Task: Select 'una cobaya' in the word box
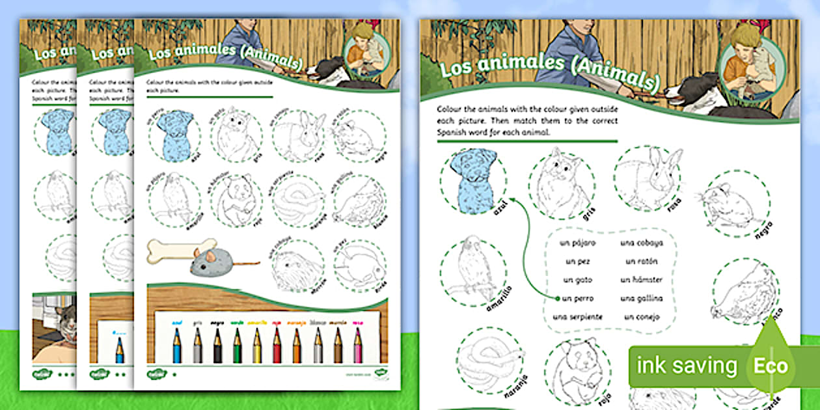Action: (x=642, y=243)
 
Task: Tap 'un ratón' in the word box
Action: (x=641, y=262)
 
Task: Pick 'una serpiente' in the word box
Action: (x=577, y=317)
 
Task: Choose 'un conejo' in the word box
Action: (x=641, y=317)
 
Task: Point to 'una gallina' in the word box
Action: (x=642, y=298)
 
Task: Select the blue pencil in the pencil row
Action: (x=176, y=345)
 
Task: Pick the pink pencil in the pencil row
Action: (x=357, y=345)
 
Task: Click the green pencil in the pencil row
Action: (x=237, y=345)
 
